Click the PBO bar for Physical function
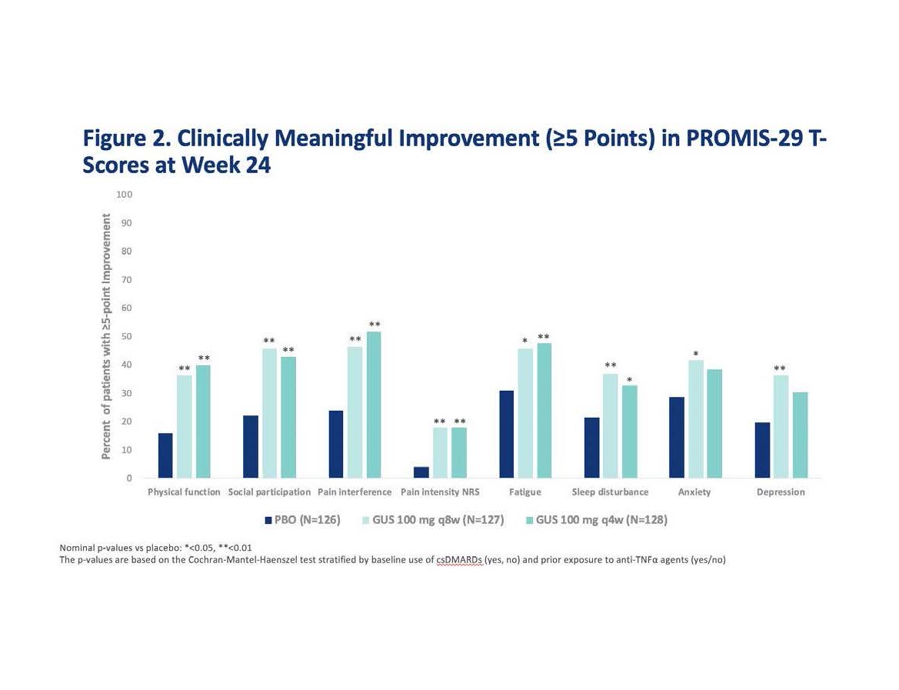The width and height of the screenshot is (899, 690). coord(165,455)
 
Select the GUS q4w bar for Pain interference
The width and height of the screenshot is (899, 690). coord(374,405)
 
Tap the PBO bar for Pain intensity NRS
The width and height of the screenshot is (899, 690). coord(421,472)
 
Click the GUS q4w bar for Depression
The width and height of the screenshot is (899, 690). coord(800,435)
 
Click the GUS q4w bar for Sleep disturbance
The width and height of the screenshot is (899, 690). coord(629,432)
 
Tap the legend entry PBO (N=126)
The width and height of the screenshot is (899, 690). coord(302,520)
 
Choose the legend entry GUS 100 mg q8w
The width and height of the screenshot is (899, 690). coord(433,520)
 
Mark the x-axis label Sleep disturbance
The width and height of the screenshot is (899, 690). coord(610,492)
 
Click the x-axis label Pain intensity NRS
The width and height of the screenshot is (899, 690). coord(440,492)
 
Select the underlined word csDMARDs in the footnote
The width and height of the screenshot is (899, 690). coord(459,560)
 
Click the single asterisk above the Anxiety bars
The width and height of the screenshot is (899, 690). coord(695,355)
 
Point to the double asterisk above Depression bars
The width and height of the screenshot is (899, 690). coord(780,368)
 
